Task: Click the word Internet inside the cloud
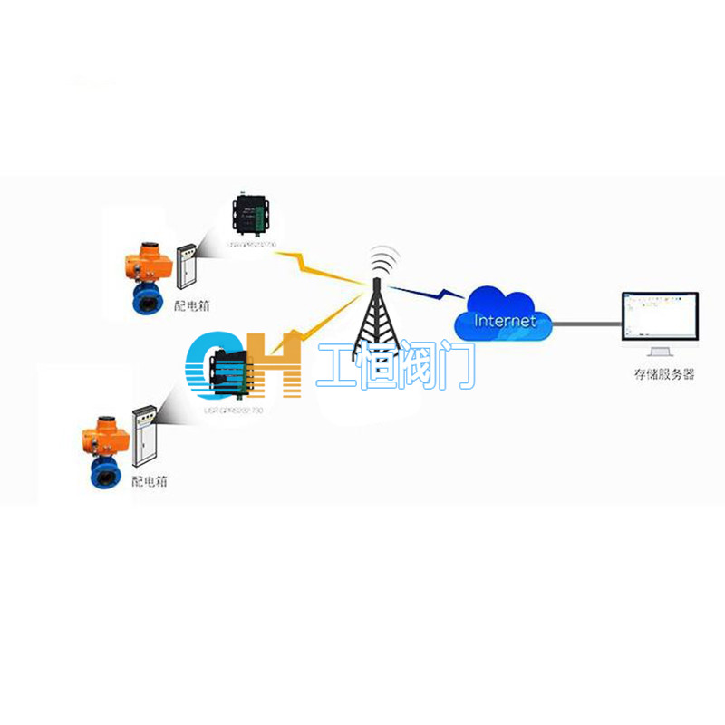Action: (505, 321)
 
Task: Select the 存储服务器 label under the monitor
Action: (664, 374)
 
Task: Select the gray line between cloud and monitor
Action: (585, 320)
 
